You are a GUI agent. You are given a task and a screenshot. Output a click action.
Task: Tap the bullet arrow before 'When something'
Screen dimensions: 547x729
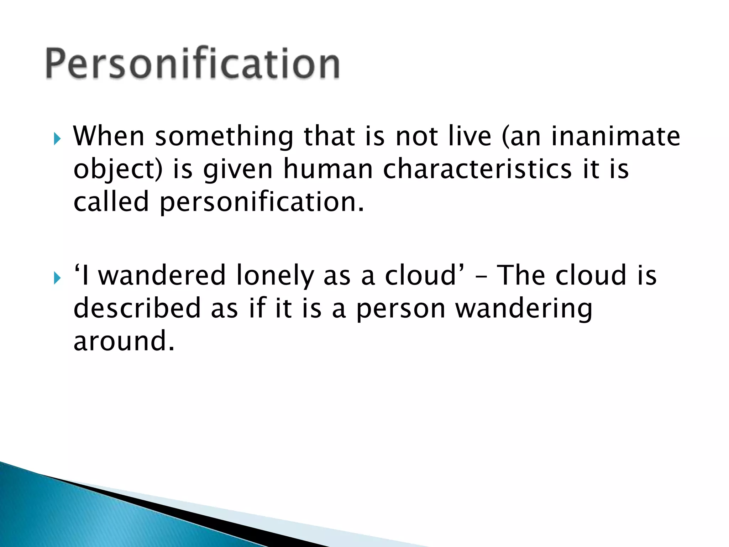[57, 139]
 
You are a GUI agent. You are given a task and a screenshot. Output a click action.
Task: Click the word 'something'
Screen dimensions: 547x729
[224, 137]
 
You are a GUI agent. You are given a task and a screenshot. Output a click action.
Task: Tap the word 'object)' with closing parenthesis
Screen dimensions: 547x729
[118, 170]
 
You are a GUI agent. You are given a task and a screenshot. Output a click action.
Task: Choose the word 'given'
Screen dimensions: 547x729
[238, 170]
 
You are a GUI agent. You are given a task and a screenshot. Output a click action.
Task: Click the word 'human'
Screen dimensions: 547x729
[327, 169]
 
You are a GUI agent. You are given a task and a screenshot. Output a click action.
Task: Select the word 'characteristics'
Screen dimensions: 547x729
[477, 169]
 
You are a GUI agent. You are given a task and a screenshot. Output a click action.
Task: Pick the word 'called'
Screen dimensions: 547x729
[111, 202]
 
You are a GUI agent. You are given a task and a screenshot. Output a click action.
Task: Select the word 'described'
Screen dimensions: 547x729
[137, 308]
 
